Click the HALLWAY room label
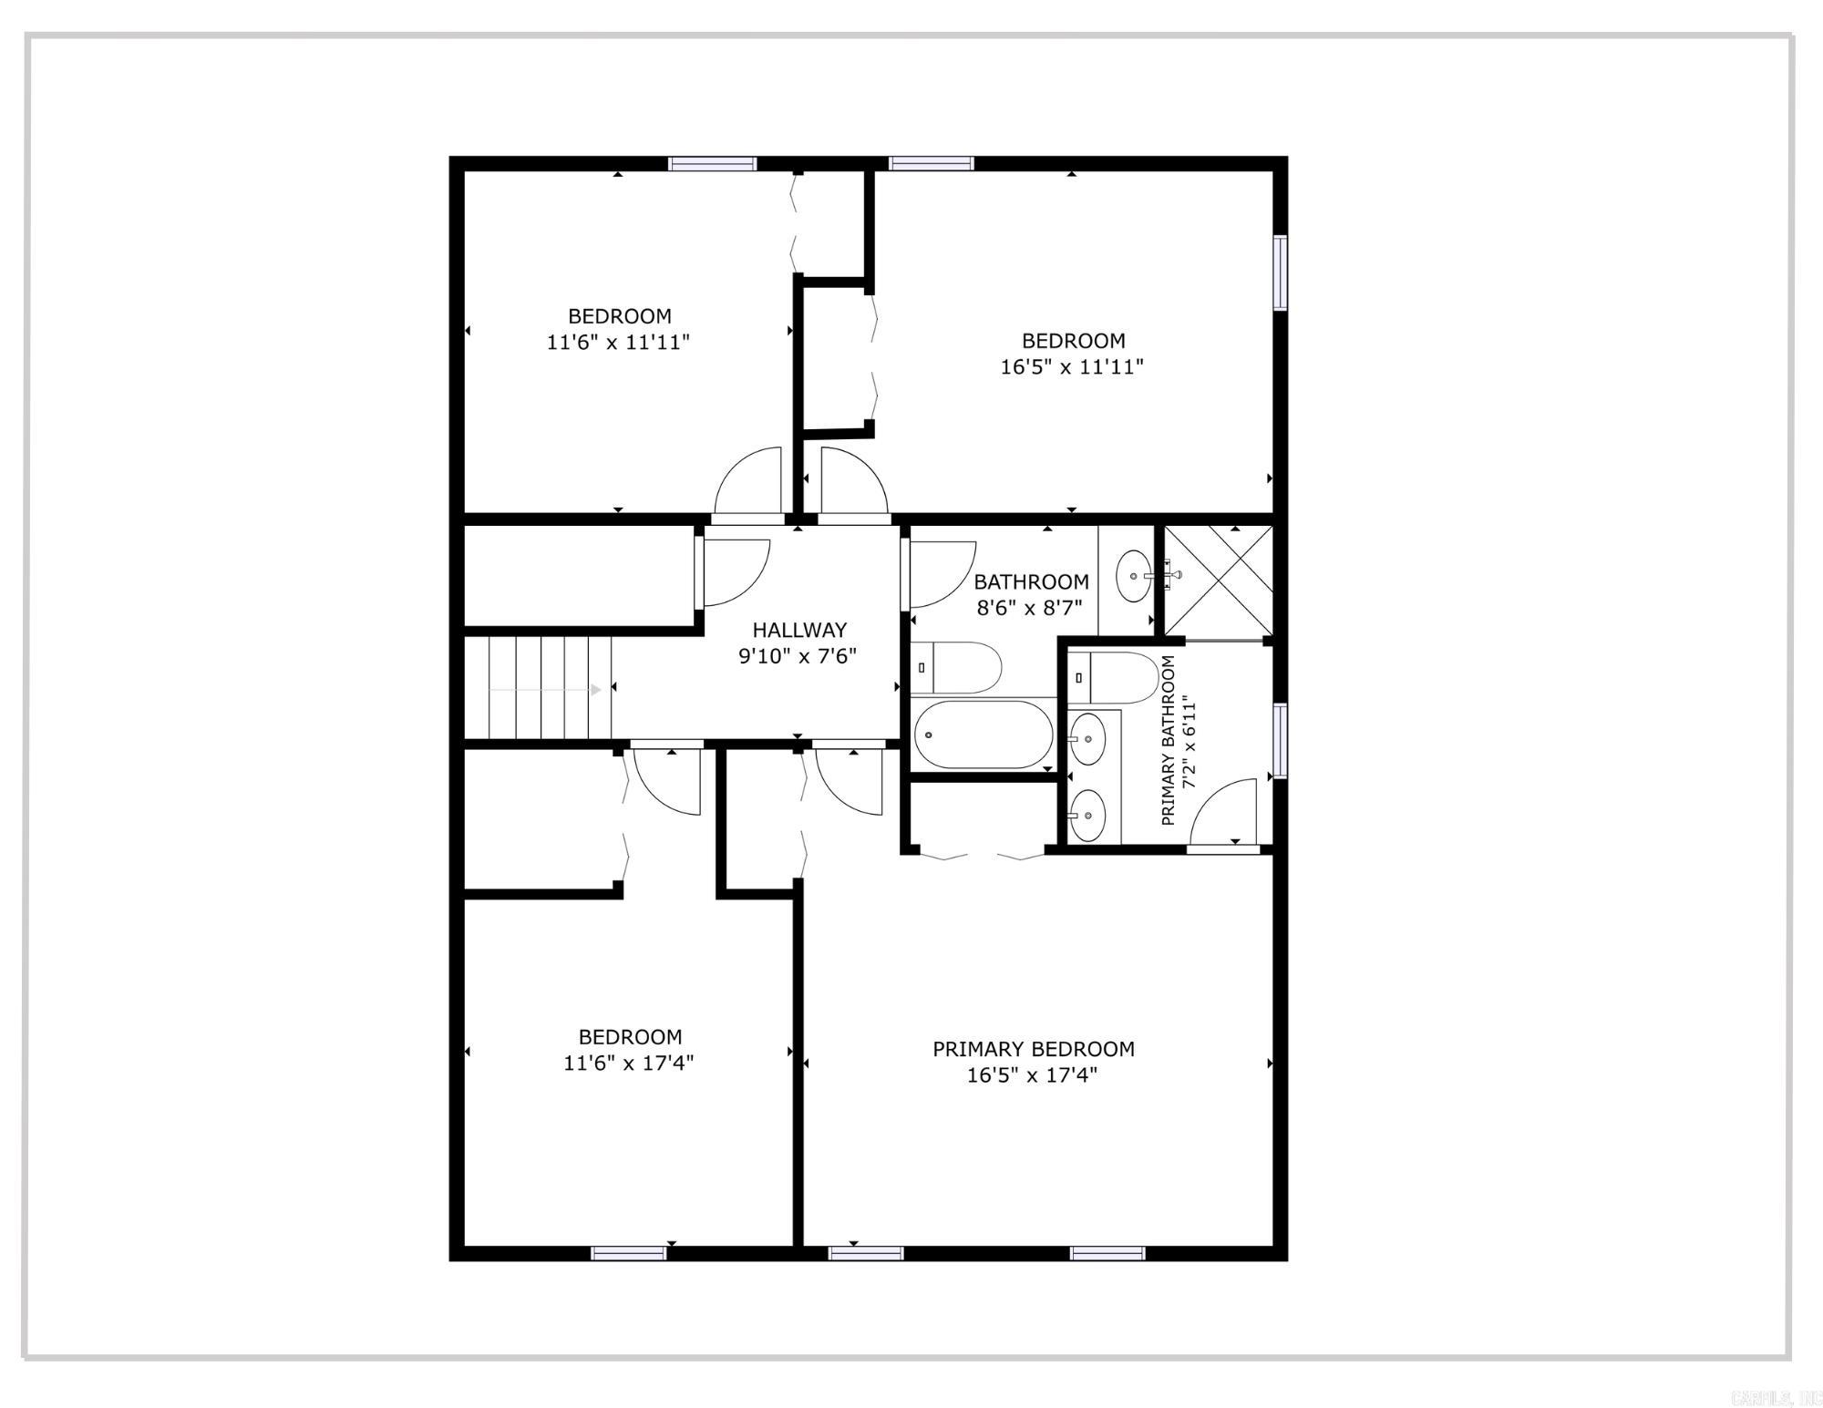(799, 630)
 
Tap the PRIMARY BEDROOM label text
(1033, 1049)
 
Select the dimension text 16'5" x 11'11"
(1072, 366)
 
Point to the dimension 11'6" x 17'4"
(629, 1063)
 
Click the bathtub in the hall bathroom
(983, 735)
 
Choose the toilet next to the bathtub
(957, 667)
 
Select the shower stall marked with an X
(1219, 581)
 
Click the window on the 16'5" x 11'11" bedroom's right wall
(1280, 272)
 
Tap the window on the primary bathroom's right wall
(1280, 740)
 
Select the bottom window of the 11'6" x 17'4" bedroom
(629, 1253)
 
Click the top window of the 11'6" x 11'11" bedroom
(712, 164)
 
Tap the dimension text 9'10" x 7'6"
(798, 656)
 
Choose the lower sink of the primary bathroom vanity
(1087, 815)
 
